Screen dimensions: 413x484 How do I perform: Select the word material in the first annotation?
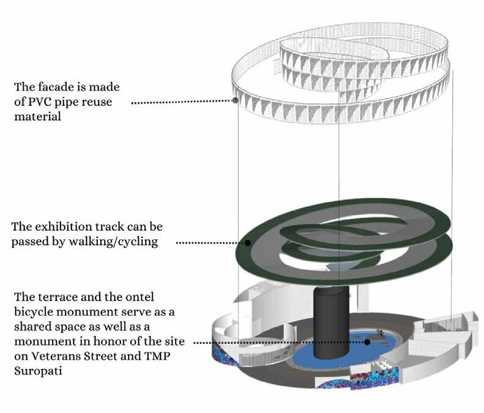tap(39, 116)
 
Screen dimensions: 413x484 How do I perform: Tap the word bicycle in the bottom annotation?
tap(33, 312)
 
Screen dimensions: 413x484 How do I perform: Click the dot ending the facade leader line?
tap(235, 100)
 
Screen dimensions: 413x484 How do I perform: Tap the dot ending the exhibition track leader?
tap(248, 243)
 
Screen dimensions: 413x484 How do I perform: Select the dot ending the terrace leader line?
tap(368, 341)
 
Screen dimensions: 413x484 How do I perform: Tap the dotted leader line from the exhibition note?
tap(211, 243)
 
